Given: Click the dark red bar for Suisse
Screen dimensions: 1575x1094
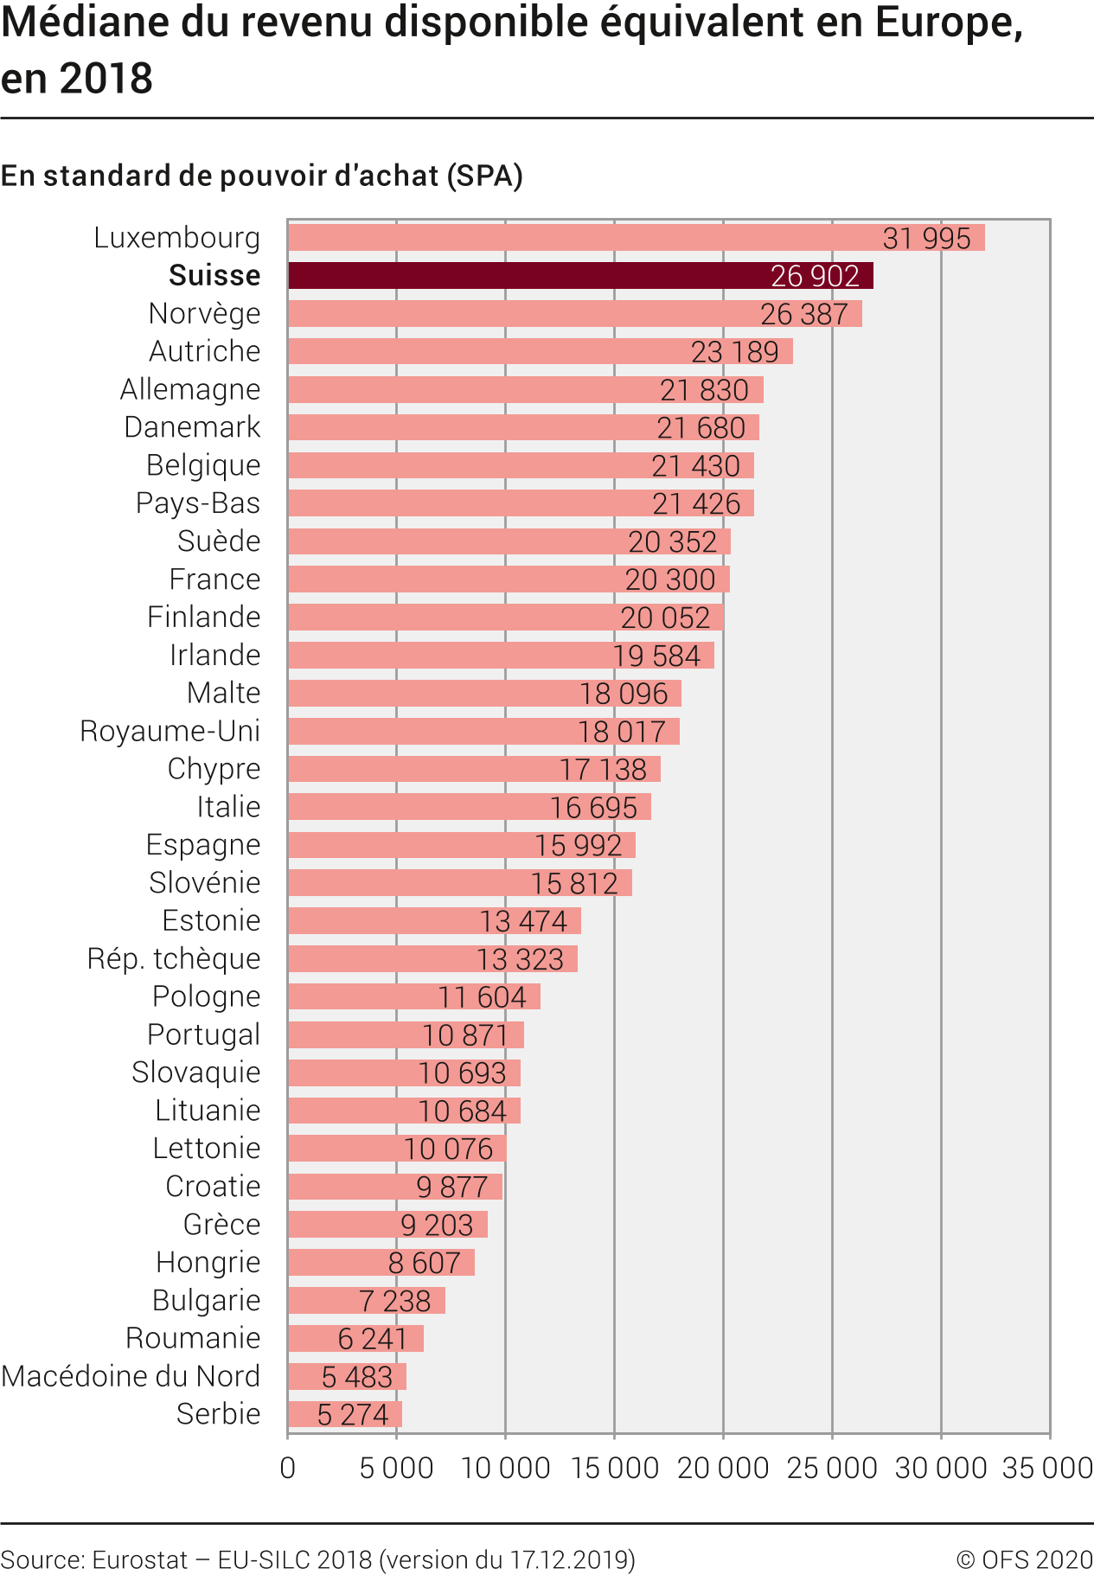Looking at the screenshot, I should (579, 275).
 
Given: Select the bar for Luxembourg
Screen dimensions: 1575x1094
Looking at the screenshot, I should (636, 237).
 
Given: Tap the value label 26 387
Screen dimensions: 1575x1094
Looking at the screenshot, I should (803, 314).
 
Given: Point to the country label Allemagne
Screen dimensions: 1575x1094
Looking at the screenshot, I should (190, 389).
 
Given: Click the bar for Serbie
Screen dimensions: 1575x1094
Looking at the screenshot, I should (344, 1414).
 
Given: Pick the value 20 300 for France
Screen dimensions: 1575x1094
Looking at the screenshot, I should (669, 579).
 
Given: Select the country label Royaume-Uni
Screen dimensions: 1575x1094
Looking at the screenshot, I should (170, 731).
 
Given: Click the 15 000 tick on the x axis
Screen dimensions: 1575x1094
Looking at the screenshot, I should (614, 1468).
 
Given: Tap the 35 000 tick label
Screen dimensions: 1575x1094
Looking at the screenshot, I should (1046, 1468).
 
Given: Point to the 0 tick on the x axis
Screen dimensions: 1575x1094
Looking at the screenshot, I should (288, 1468).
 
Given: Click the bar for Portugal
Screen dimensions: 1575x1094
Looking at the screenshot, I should (406, 1034).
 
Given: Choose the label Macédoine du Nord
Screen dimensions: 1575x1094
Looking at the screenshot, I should (131, 1376).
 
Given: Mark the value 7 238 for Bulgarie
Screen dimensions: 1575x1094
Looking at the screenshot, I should (394, 1301).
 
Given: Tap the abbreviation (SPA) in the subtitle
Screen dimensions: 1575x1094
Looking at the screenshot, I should (485, 176).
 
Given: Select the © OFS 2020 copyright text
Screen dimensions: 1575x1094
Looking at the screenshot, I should (1024, 1559).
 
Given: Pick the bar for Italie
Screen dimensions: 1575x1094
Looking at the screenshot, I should (469, 807).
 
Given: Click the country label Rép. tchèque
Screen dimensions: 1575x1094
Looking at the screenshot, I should (174, 958).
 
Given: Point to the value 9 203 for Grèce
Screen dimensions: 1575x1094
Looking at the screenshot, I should (437, 1225).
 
